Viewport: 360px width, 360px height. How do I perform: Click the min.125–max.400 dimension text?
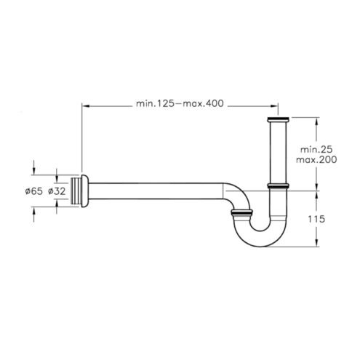click(x=180, y=103)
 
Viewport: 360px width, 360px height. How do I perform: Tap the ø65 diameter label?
click(x=33, y=191)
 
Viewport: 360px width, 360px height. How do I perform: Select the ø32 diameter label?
click(x=57, y=191)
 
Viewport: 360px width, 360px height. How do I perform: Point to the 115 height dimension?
click(x=316, y=219)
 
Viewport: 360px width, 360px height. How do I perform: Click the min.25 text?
click(x=316, y=150)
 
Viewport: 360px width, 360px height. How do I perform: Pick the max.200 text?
click(x=316, y=160)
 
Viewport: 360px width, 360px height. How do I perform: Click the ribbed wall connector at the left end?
click(x=76, y=191)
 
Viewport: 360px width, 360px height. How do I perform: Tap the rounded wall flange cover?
click(x=85, y=191)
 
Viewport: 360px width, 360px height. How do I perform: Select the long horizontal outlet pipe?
click(x=156, y=191)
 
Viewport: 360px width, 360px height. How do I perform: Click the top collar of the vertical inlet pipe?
click(x=278, y=120)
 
